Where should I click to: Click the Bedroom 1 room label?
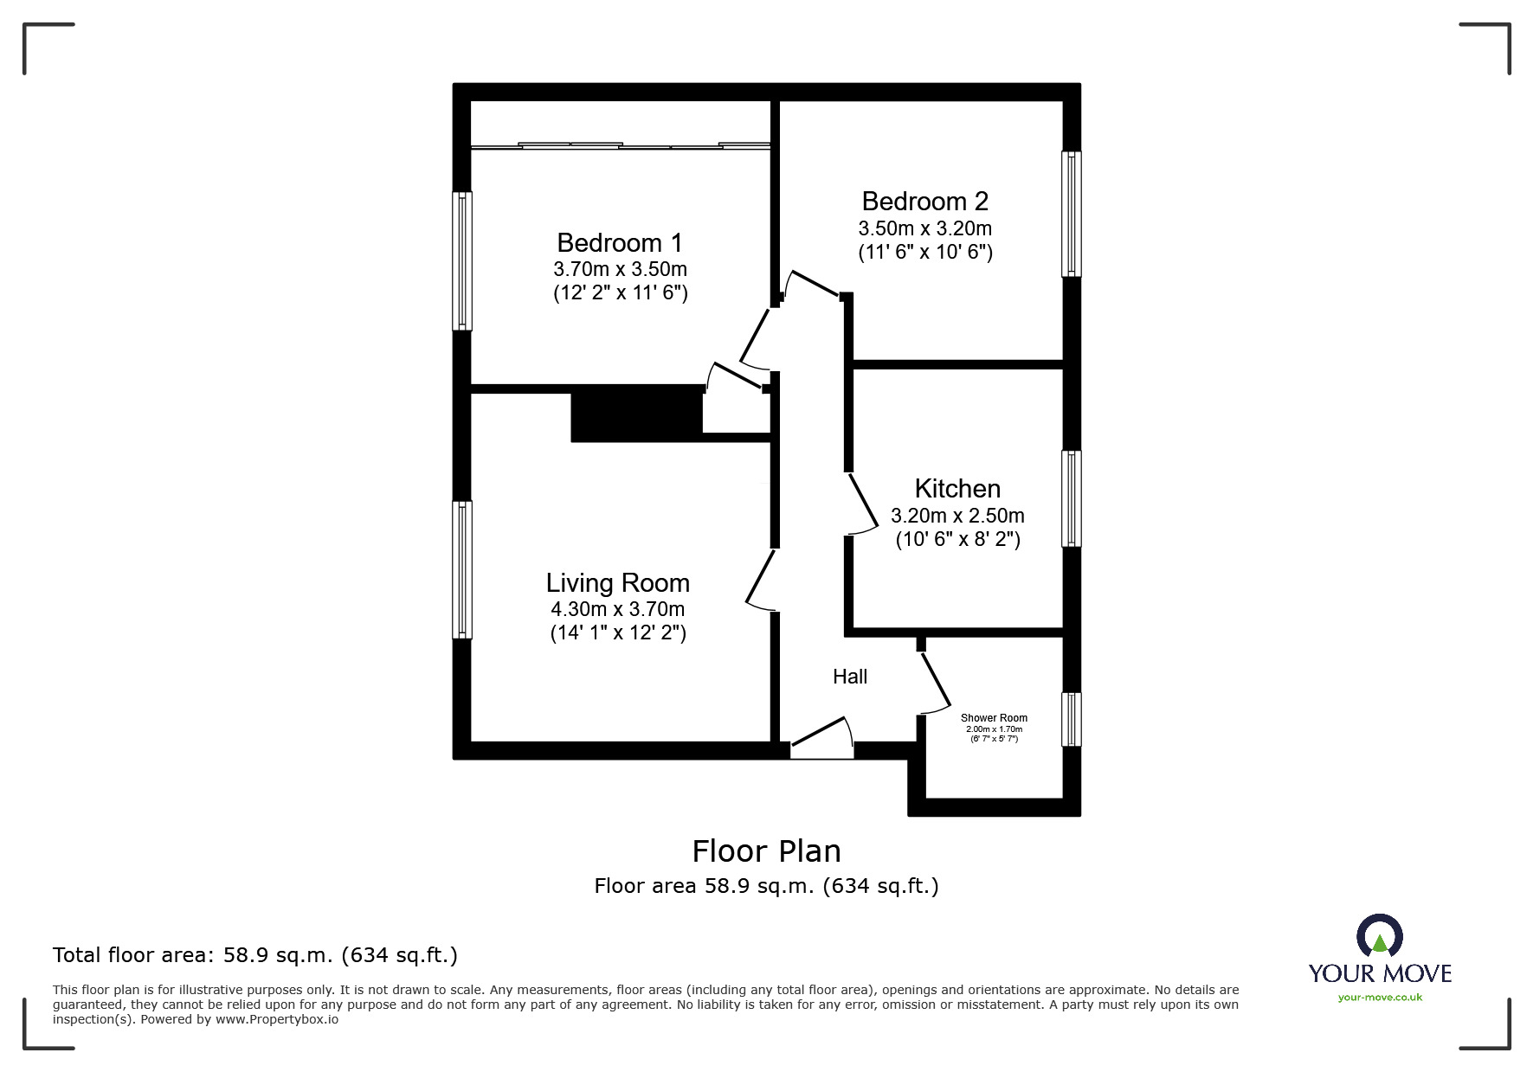pyautogui.click(x=620, y=242)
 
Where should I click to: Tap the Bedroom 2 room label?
pyautogui.click(x=924, y=201)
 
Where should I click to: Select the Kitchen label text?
pyautogui.click(x=957, y=488)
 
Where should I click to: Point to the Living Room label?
pyautogui.click(x=617, y=582)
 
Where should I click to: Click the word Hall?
pyautogui.click(x=850, y=677)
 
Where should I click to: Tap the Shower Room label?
pyautogui.click(x=994, y=718)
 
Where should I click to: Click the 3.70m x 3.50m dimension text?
pyautogui.click(x=620, y=269)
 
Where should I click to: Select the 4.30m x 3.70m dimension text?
pyautogui.click(x=617, y=609)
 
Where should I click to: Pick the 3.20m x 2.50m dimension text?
pyautogui.click(x=957, y=516)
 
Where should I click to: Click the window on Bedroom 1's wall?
pyautogui.click(x=462, y=260)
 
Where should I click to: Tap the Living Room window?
pyautogui.click(x=462, y=570)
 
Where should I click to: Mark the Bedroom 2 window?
pyautogui.click(x=1072, y=214)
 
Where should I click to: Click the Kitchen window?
pyautogui.click(x=1072, y=498)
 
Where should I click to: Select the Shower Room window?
pyautogui.click(x=1072, y=719)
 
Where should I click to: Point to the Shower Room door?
pyautogui.click(x=936, y=682)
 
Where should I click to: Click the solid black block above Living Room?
pyautogui.click(x=636, y=414)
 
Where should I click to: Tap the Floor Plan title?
pyautogui.click(x=767, y=851)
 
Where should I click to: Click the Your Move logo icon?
pyautogui.click(x=1379, y=936)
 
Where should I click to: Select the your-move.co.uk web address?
pyautogui.click(x=1380, y=998)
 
